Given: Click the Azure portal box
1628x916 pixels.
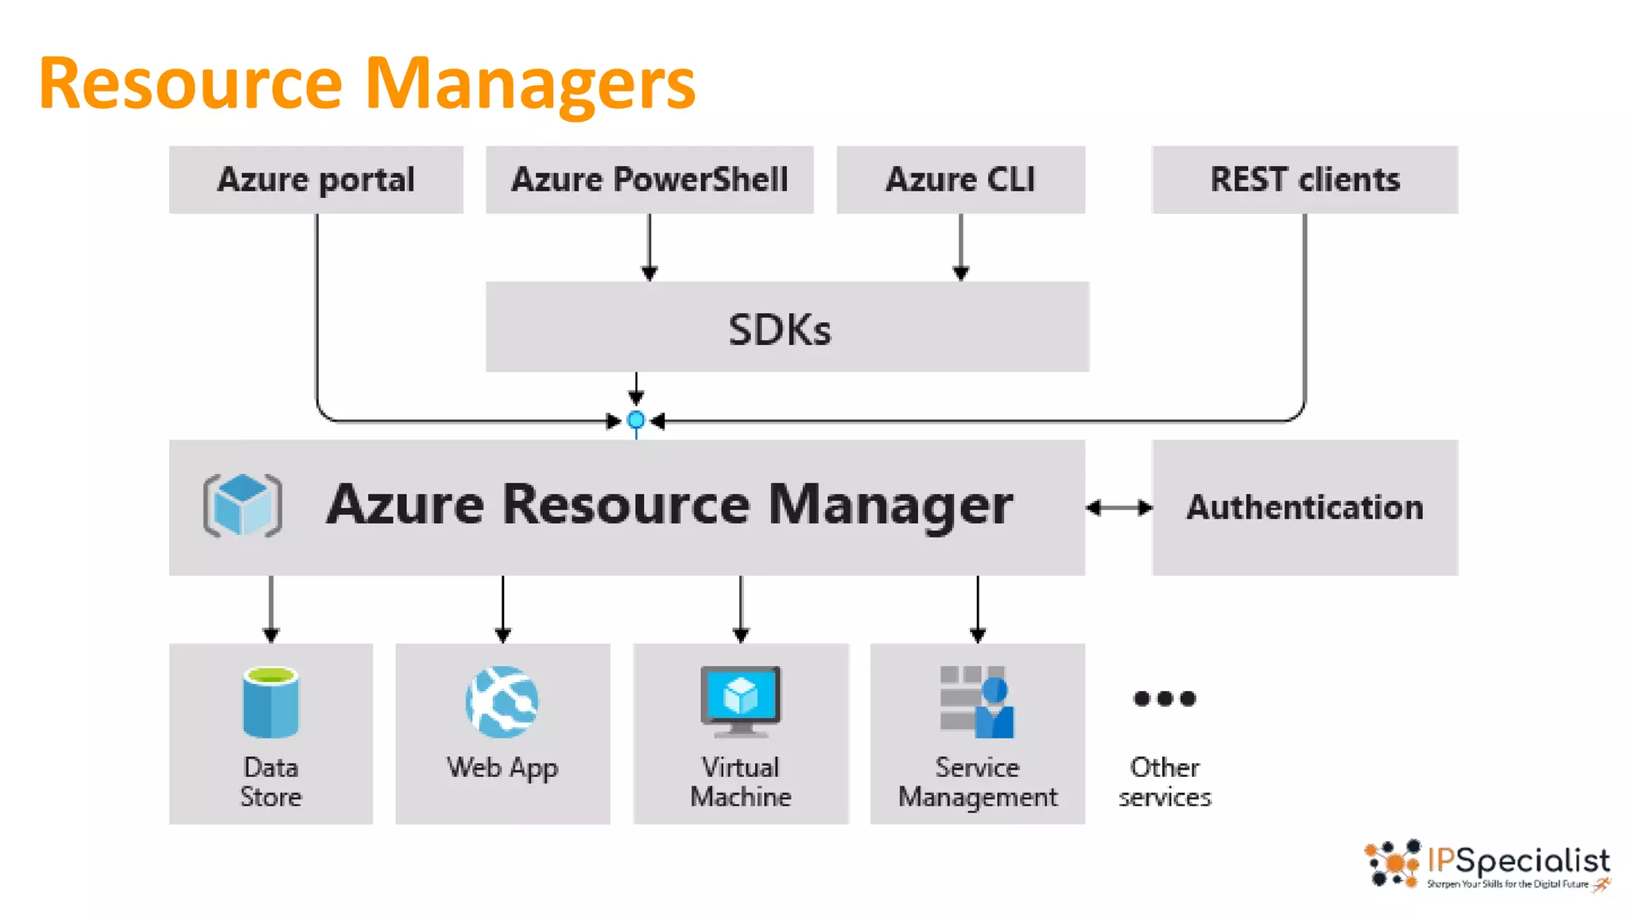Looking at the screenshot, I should [x=316, y=180].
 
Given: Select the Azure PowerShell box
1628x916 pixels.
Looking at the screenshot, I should [x=649, y=180].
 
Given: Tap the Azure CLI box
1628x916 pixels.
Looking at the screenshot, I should [x=960, y=180].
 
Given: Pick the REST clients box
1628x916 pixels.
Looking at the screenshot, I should [x=1304, y=180].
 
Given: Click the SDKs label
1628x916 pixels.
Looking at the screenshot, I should [x=780, y=329].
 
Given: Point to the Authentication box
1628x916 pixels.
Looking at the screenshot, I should [x=1304, y=507].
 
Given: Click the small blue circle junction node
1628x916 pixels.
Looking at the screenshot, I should [x=636, y=420].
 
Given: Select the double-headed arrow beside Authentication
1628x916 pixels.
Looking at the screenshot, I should [x=1118, y=507].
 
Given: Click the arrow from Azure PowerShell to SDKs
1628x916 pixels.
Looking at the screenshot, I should [x=649, y=246].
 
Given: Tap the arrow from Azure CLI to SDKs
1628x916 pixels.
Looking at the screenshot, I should [x=960, y=246].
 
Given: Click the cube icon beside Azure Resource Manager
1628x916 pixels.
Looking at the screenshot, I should [x=242, y=506].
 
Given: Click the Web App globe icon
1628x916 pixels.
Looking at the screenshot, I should [x=502, y=701].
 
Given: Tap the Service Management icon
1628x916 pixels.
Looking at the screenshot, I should [x=977, y=701].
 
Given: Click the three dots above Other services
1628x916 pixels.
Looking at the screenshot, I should [x=1164, y=699].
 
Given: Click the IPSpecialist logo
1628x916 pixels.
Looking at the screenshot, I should [x=1487, y=864].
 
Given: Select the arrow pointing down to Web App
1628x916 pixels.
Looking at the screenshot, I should [x=502, y=608].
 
